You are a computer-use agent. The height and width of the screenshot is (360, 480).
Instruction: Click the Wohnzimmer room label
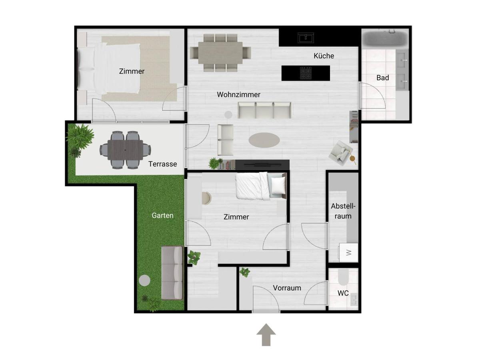[238, 95]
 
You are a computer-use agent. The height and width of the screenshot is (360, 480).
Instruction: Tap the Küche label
[324, 56]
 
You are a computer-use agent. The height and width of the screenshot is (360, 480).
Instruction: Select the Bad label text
[382, 78]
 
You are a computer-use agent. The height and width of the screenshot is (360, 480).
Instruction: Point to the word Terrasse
[162, 164]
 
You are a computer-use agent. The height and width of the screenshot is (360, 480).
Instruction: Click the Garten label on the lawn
[162, 216]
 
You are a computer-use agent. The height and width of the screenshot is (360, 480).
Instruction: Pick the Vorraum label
[287, 288]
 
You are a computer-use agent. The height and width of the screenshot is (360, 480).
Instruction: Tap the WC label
[343, 293]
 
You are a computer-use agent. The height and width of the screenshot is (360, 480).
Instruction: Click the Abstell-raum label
[343, 211]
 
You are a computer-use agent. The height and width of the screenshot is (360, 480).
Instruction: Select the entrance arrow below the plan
[266, 335]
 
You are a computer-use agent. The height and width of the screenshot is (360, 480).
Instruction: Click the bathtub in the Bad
[385, 39]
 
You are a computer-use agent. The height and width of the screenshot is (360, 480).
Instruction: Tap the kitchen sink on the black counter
[306, 38]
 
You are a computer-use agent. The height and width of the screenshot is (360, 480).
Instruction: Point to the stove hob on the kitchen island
[306, 73]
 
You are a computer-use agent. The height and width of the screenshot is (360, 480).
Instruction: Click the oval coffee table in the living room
[264, 140]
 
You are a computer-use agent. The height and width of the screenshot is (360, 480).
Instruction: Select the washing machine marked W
[348, 252]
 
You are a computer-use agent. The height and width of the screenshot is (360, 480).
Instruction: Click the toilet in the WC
[343, 277]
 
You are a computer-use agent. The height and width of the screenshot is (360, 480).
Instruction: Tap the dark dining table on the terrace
[125, 150]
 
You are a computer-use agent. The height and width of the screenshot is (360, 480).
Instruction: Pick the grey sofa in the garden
[172, 273]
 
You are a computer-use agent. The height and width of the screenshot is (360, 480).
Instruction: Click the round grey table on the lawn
[144, 280]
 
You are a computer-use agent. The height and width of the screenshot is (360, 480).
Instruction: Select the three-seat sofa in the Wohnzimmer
[264, 110]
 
